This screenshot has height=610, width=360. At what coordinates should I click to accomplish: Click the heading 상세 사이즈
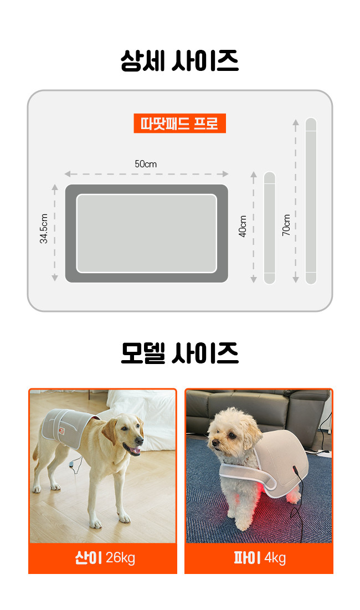click(179, 61)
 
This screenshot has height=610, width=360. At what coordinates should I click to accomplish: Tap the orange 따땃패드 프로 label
click(179, 124)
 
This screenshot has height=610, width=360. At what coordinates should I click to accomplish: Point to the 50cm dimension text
click(146, 164)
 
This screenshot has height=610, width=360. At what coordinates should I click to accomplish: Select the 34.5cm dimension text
click(44, 228)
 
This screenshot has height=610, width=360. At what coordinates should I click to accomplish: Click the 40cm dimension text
click(243, 226)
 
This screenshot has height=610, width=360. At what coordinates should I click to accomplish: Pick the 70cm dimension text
click(286, 225)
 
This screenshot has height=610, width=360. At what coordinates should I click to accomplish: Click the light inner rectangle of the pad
click(147, 233)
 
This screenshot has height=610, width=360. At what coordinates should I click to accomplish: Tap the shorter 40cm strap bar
click(269, 228)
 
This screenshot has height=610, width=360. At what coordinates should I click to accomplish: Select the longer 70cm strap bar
click(311, 201)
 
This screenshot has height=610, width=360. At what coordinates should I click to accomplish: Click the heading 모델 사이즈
click(179, 353)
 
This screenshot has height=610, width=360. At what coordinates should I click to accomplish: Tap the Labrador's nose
click(140, 441)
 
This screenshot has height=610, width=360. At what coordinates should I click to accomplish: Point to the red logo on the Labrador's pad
click(61, 430)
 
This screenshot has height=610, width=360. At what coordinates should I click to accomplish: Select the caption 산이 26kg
click(105, 557)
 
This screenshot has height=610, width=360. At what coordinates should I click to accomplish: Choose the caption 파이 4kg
click(259, 558)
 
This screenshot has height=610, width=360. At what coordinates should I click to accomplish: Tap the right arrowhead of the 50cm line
click(225, 174)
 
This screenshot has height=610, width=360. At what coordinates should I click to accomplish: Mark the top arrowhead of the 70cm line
click(295, 122)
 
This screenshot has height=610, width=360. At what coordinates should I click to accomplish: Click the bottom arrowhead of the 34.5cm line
click(55, 278)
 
